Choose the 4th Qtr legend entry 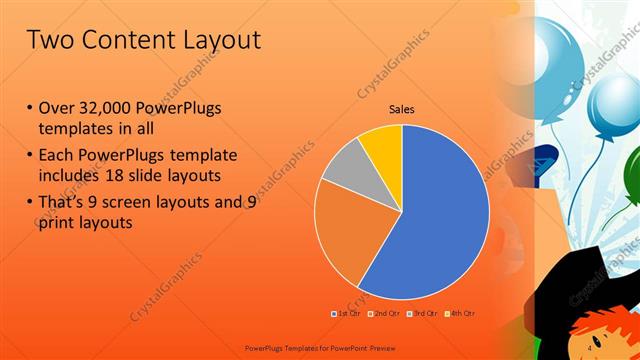459,314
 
